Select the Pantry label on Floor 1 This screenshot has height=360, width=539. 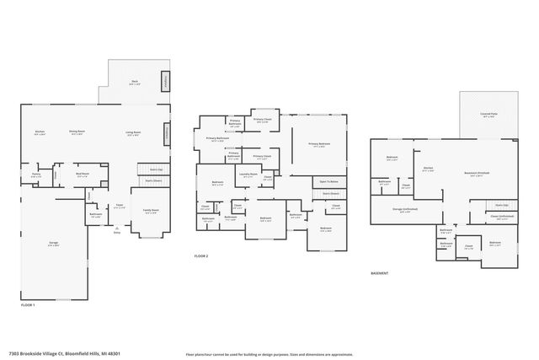click(36, 175)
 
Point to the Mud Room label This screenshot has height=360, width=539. click(82, 175)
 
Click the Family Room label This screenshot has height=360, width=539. click(151, 211)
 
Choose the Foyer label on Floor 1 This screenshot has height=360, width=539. click(120, 205)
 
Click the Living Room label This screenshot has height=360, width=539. click(133, 132)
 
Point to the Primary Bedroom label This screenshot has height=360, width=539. click(318, 144)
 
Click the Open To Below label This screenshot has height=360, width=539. click(328, 181)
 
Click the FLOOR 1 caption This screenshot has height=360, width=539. click(28, 304)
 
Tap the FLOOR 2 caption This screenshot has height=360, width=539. click(200, 255)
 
